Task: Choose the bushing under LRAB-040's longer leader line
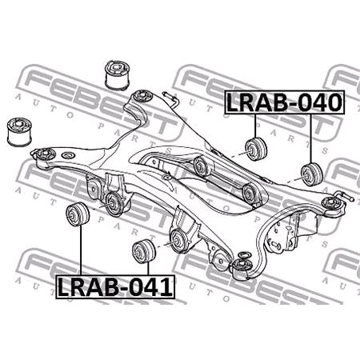(x=310, y=173)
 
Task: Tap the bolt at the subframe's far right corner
(x=343, y=194)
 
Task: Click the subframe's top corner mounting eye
(x=142, y=95)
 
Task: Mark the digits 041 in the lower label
(x=151, y=286)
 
